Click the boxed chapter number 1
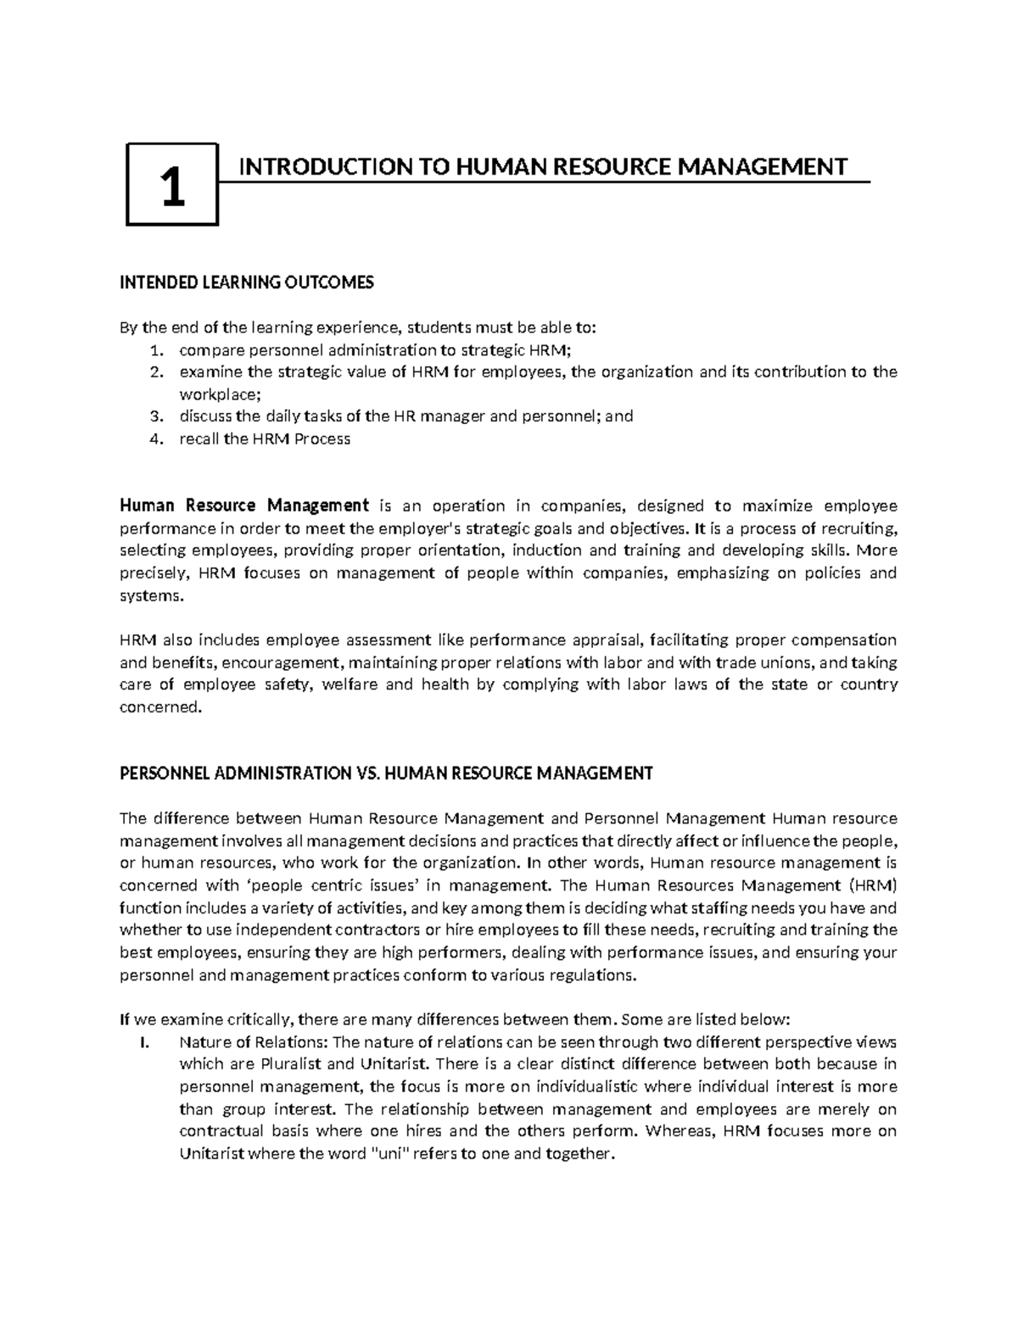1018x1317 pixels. [172, 186]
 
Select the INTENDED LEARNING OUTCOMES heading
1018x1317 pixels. [246, 283]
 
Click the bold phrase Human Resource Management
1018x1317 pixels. [244, 506]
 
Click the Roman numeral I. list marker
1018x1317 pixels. [143, 1042]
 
